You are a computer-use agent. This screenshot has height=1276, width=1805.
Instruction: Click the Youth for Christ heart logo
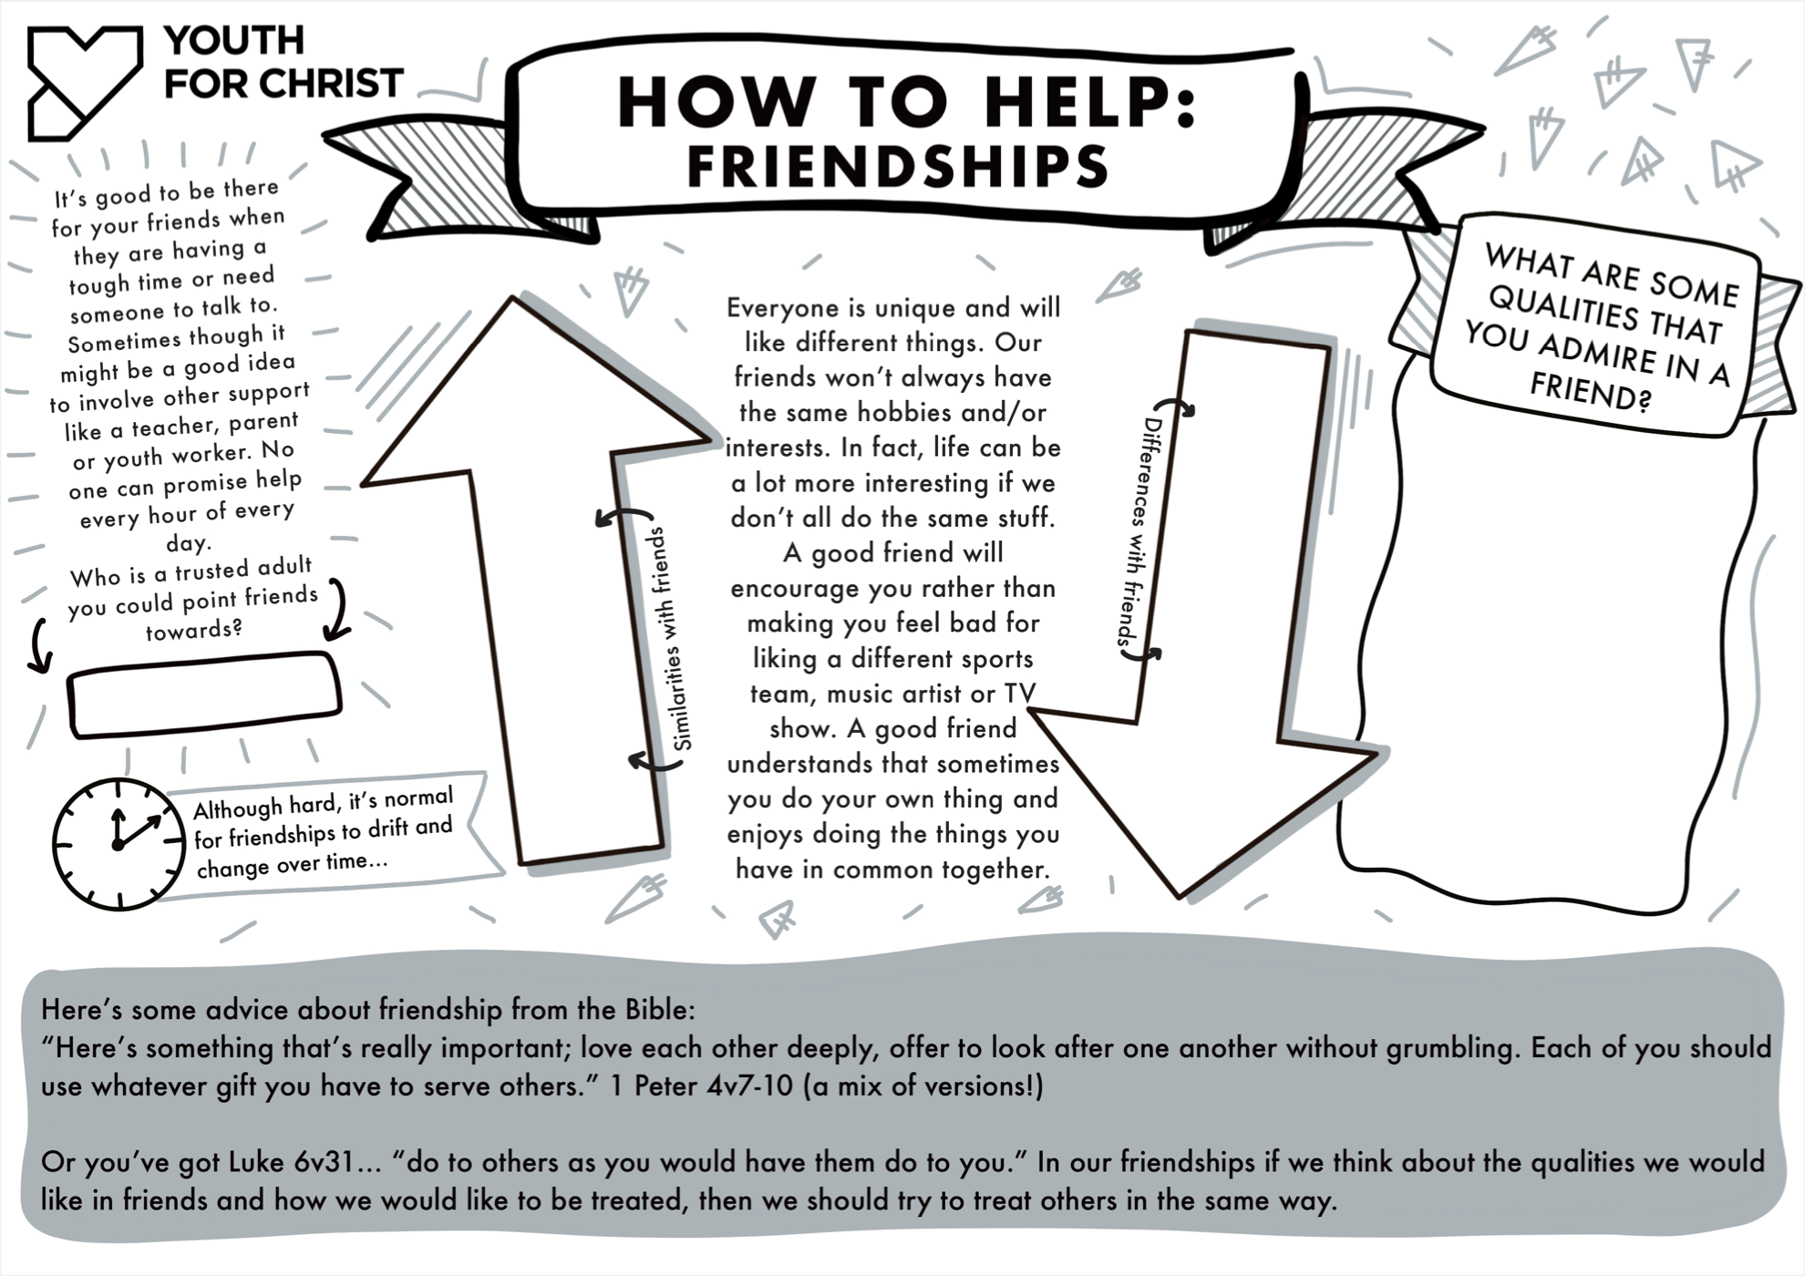85,83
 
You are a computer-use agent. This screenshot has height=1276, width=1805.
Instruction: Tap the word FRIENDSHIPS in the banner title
898,166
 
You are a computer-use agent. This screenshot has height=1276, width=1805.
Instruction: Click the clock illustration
119,844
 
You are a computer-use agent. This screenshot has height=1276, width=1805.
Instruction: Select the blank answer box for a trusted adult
204,695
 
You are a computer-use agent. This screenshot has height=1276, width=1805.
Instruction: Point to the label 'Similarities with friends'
670,638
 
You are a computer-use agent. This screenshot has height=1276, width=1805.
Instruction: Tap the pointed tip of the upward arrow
512,297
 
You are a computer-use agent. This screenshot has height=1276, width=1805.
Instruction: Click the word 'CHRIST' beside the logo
331,84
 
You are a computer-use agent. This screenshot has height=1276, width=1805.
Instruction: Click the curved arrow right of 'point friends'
338,608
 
